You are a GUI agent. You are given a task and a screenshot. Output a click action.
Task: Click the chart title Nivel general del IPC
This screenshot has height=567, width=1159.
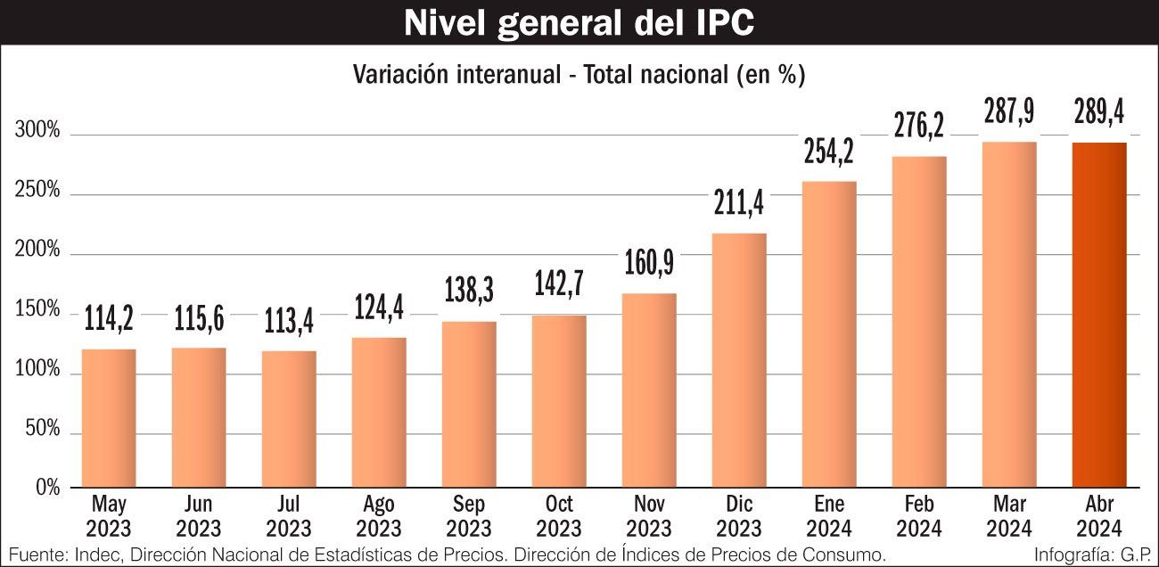pos(579,23)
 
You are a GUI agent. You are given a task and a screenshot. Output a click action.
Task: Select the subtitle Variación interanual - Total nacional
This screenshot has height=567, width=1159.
pos(579,75)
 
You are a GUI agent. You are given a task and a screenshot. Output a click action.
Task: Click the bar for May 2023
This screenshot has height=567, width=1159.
pos(109,418)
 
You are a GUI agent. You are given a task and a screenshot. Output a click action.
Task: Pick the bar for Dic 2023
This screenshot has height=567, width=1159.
pos(739,360)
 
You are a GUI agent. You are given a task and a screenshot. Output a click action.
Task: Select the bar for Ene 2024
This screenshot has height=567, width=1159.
pos(828,334)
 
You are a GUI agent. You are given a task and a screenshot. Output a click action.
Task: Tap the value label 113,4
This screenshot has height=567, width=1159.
pos(289,321)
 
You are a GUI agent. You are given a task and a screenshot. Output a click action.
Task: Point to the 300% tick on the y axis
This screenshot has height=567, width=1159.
pos(38,132)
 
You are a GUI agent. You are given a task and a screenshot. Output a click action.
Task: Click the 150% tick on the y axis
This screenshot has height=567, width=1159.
pos(38,311)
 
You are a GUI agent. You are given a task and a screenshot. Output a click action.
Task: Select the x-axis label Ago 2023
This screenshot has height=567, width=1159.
pos(379,515)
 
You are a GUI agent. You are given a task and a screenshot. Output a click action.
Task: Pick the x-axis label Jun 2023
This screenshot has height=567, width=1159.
pos(199,515)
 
